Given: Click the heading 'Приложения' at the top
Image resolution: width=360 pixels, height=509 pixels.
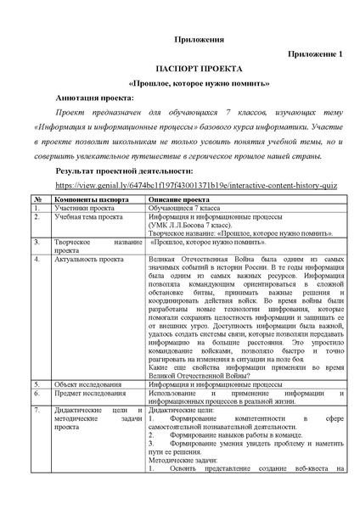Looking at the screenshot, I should tap(180, 39).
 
